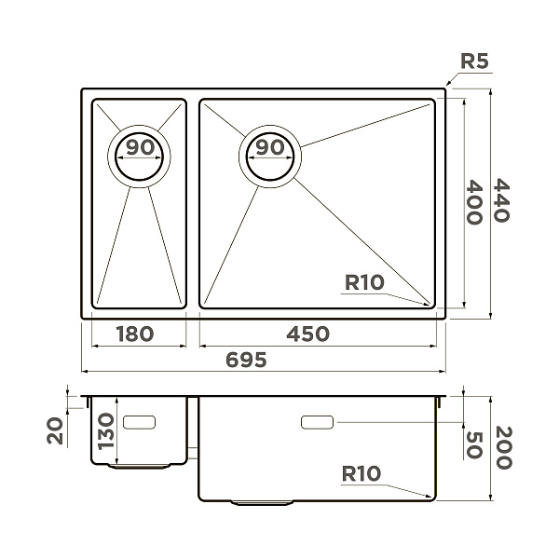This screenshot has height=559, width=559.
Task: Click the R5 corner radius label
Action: coord(474,61)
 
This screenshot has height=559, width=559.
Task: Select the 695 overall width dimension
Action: coord(246,360)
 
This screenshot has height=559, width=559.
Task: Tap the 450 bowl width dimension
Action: coord(307,334)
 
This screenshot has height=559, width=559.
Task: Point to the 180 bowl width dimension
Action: coord(135,334)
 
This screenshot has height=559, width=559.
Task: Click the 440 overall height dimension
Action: coord(501,200)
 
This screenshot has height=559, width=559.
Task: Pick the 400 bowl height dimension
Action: coord(474,202)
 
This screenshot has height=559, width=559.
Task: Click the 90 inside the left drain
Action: coord(140,147)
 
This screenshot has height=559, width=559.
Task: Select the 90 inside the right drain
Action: coord(270,147)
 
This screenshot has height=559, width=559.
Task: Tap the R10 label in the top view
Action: coord(364,282)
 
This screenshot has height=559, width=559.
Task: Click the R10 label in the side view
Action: coord(361,474)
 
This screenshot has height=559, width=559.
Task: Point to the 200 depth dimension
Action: coord(504,448)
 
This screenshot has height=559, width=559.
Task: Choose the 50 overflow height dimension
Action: coord(474,445)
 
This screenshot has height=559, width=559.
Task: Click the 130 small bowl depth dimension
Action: coord(106,431)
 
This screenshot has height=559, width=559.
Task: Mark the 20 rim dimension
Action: coord(55,431)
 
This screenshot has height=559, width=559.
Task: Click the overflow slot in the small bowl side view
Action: coord(139,422)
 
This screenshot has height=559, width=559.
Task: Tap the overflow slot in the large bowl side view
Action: coord(318,422)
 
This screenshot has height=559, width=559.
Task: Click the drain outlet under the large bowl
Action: coord(262,503)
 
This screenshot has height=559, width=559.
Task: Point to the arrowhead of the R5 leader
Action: coord(448,82)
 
